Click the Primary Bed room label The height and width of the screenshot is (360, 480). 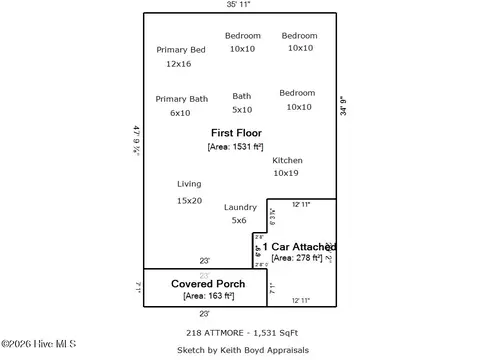coord(181,49)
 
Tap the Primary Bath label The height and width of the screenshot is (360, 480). coord(182,99)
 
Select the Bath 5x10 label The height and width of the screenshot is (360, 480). coord(242,96)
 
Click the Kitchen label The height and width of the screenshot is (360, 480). coord(287,160)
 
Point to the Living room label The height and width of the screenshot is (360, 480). coord(189,184)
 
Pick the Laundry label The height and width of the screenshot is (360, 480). coord(240,207)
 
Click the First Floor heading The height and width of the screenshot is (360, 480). coord(236,132)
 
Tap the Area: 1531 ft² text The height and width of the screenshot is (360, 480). coord(236,146)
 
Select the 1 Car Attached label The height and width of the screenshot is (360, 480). coord(299,246)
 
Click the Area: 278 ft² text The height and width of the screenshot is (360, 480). coord(297,258)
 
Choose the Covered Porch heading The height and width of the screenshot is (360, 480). coord(207,284)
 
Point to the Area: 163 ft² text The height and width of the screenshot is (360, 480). coord(208,296)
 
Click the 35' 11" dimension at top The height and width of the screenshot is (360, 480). coord(239,5)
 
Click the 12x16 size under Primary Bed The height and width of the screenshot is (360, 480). coord(178,64)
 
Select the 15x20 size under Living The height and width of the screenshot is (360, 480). coord(189,201)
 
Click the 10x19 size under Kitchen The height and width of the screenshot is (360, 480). coord(286,173)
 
